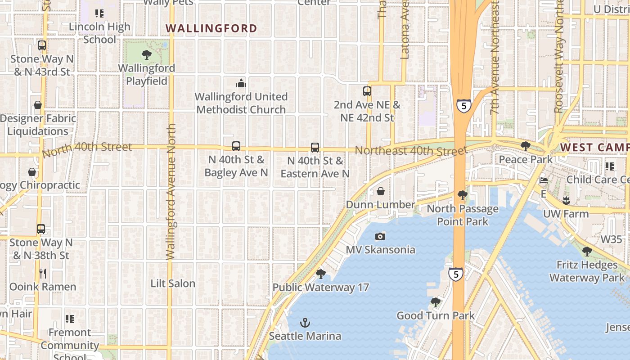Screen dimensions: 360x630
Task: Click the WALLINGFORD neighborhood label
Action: click(211, 28)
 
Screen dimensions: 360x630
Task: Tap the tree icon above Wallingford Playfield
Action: click(146, 55)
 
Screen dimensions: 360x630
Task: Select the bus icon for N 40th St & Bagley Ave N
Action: click(236, 146)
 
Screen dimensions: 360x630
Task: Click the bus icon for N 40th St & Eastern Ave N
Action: click(315, 147)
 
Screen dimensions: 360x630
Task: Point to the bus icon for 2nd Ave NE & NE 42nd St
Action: click(367, 91)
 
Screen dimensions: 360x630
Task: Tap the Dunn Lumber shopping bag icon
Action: click(381, 191)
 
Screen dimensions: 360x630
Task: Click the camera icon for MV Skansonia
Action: click(380, 236)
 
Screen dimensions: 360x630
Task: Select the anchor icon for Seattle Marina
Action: click(305, 323)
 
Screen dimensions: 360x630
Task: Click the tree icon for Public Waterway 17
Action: click(320, 274)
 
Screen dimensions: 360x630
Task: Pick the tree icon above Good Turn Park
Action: click(435, 302)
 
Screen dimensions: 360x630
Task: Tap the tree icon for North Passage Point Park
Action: click(462, 195)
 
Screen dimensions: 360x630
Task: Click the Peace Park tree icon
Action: click(525, 146)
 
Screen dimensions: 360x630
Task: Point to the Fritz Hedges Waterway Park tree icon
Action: click(587, 252)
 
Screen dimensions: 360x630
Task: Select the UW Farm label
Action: click(566, 214)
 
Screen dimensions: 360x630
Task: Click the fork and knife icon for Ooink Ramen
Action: click(43, 274)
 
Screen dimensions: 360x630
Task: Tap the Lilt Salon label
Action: click(173, 283)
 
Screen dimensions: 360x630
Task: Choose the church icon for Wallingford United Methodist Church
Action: click(241, 83)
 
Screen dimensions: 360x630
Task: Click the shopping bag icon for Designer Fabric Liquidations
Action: click(38, 105)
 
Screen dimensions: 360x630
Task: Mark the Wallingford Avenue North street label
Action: click(171, 192)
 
